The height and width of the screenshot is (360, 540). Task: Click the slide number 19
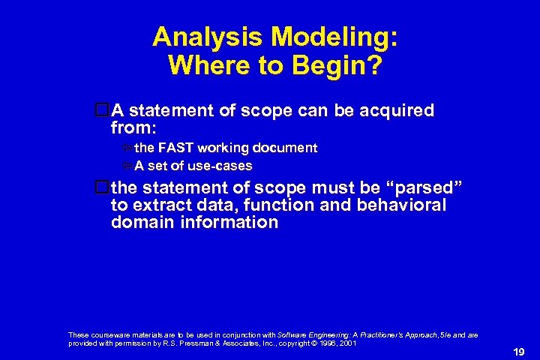[518, 350]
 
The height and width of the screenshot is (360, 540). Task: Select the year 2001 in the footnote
[346, 343]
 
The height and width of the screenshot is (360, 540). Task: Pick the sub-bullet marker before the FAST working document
[127, 148]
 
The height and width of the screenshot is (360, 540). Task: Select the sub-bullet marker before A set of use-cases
[127, 166]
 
